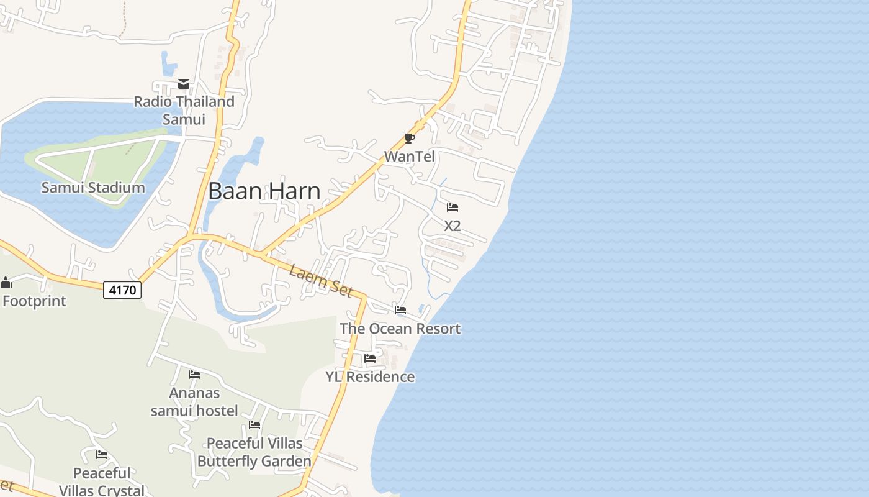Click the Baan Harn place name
click(x=264, y=191)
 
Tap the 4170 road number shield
click(x=122, y=290)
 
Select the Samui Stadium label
click(x=93, y=187)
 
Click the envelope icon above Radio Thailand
click(x=184, y=84)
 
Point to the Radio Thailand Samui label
click(x=184, y=109)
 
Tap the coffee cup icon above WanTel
click(x=409, y=138)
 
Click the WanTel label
click(x=410, y=157)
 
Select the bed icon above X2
click(x=453, y=207)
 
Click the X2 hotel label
click(x=453, y=226)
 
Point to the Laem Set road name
click(x=321, y=281)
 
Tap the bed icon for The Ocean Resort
click(x=400, y=310)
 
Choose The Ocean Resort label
click(x=400, y=329)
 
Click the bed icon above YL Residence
click(x=370, y=358)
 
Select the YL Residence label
click(x=371, y=376)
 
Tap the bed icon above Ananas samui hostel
click(x=194, y=374)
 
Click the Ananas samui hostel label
click(x=194, y=401)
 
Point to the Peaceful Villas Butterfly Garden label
click(x=254, y=452)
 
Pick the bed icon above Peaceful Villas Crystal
click(x=102, y=455)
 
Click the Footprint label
click(x=35, y=301)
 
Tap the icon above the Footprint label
click(x=7, y=283)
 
